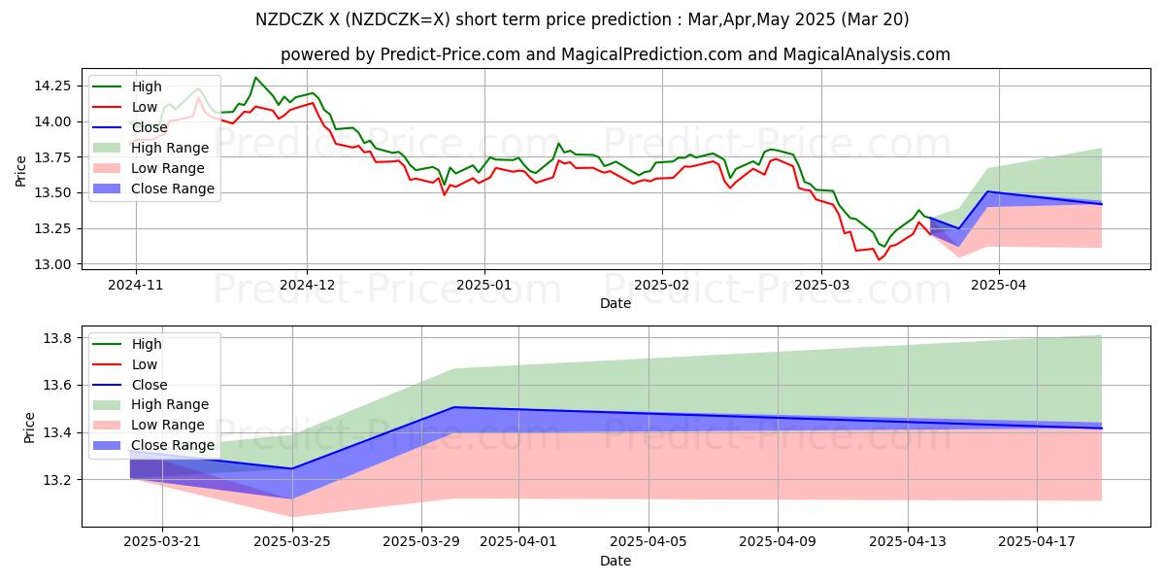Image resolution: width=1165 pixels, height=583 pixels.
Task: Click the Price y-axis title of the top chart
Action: [x=21, y=171]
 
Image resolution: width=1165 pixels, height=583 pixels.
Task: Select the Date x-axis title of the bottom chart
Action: [x=615, y=562]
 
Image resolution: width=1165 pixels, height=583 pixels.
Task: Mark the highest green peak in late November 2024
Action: [x=255, y=78]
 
